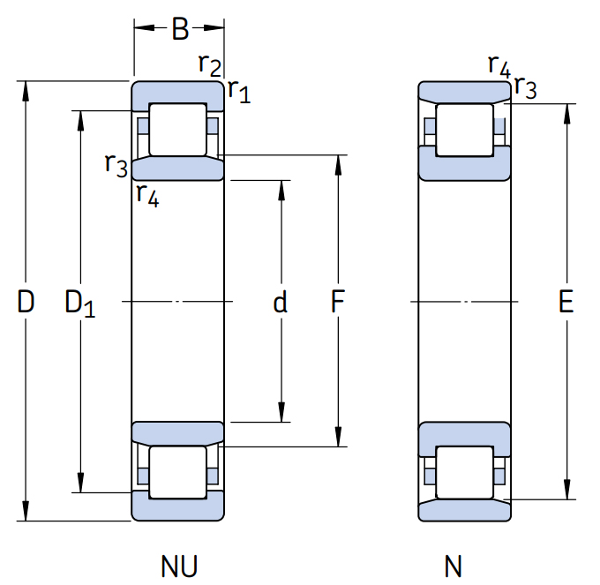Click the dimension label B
[179, 29]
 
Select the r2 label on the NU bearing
[209, 64]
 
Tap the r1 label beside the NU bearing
[238, 89]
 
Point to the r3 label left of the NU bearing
[116, 163]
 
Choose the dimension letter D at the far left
[26, 303]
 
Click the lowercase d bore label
[280, 303]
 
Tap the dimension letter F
[337, 303]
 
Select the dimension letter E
[566, 303]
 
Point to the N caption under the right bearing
[453, 565]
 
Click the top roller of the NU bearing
[177, 130]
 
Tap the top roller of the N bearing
[465, 130]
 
